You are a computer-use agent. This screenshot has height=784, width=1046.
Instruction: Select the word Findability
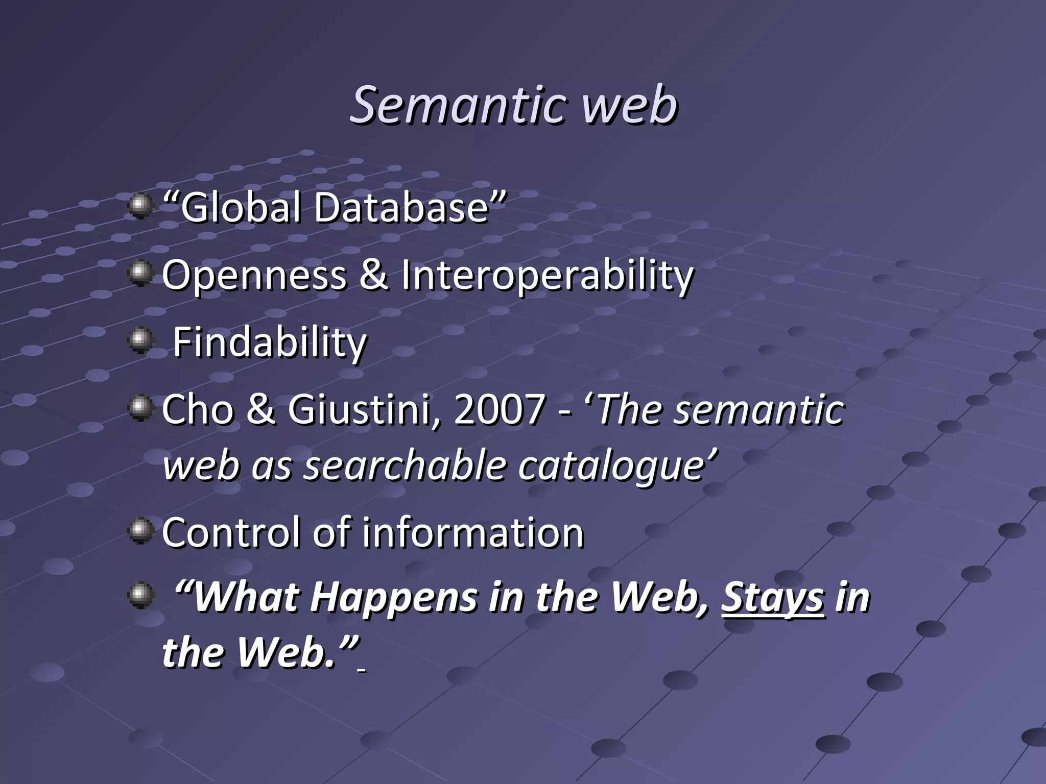[x=270, y=343]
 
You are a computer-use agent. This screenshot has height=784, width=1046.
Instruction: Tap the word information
[x=473, y=533]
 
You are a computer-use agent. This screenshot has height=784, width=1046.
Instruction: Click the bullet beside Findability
[x=140, y=340]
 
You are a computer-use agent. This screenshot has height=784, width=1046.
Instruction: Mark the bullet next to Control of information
[x=140, y=531]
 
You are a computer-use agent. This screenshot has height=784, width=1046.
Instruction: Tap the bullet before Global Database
[x=140, y=206]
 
